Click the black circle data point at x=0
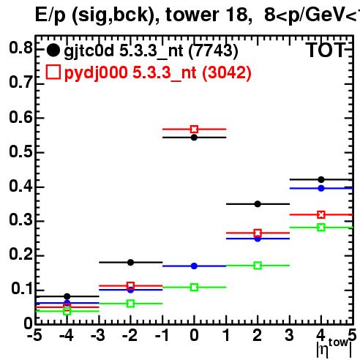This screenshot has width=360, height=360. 194,138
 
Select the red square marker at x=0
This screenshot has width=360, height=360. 194,130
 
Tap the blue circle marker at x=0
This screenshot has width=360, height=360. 194,266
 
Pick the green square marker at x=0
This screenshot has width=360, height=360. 194,288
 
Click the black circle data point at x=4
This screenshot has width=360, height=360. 321,180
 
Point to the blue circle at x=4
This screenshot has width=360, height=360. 321,188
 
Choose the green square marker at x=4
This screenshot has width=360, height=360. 321,228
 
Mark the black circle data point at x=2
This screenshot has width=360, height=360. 258,204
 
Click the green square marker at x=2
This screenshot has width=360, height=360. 258,266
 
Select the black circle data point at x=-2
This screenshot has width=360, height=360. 131,263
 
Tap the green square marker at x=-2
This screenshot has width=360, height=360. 131,304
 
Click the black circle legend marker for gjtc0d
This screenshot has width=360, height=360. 53,50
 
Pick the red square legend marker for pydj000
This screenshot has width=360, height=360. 53,72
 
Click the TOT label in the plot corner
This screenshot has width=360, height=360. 326,50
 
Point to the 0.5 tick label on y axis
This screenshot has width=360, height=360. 21,151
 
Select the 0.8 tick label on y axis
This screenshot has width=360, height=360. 21,48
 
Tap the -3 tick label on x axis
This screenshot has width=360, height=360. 98,336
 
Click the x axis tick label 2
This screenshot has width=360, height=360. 258,336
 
